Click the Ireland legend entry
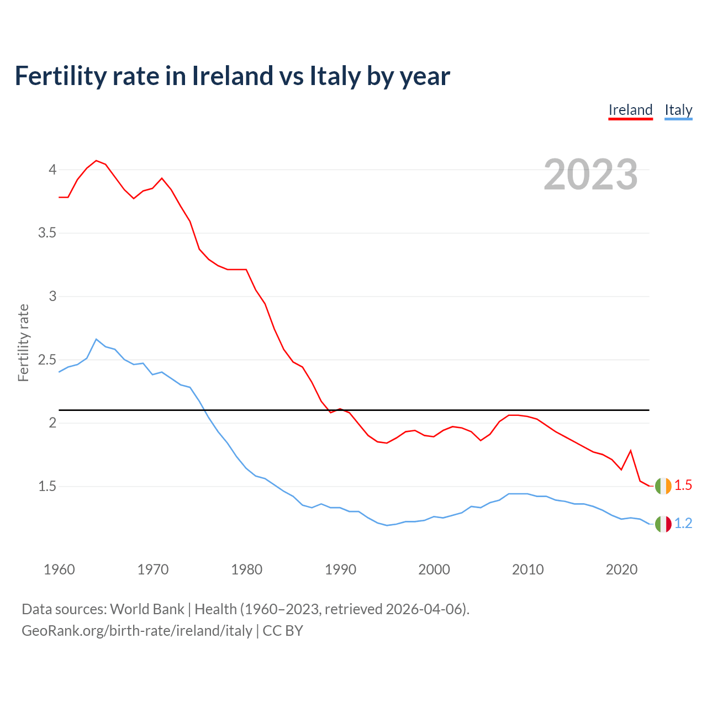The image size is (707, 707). (x=630, y=110)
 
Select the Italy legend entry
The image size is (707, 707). (x=678, y=110)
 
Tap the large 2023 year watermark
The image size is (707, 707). (x=590, y=175)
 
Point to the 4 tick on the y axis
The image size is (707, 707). (x=52, y=170)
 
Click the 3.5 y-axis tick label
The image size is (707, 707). (x=48, y=233)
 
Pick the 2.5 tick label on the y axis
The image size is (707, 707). (x=48, y=360)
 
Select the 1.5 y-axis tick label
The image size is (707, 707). (x=48, y=487)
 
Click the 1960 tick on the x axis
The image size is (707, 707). (x=59, y=569)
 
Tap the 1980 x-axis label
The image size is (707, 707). (x=247, y=569)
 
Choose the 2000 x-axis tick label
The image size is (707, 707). (x=434, y=569)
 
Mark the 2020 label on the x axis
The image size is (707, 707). (x=622, y=569)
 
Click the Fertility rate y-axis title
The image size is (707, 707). (x=23, y=342)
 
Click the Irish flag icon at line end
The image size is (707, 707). (x=663, y=486)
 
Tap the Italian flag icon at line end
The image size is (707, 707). (x=663, y=524)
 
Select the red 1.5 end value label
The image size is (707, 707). (x=683, y=486)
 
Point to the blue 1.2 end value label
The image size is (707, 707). (x=683, y=524)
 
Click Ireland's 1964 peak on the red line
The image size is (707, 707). (x=96, y=161)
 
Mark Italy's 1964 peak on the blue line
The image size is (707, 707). (x=96, y=339)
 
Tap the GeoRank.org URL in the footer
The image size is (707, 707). (x=136, y=631)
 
